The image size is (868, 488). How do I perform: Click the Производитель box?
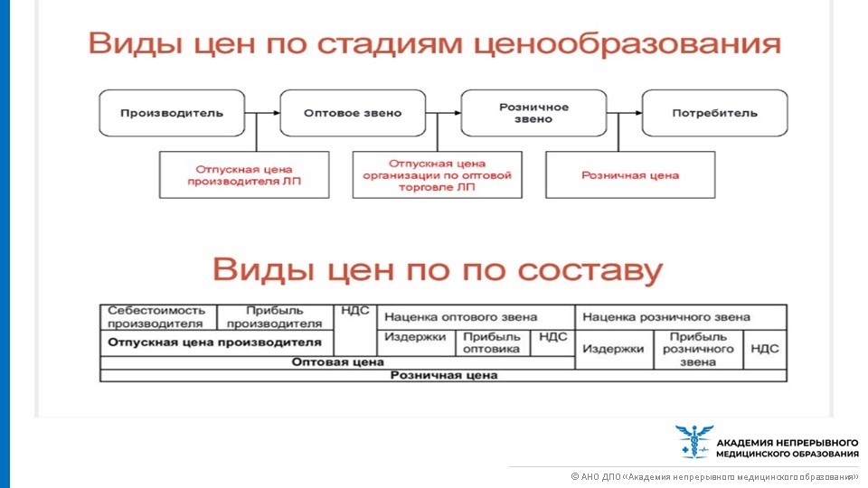(x=172, y=113)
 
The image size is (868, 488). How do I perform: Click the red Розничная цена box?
(x=630, y=174)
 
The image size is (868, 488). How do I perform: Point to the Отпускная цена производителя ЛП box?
(x=244, y=174)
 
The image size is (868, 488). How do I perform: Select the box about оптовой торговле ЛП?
(x=438, y=174)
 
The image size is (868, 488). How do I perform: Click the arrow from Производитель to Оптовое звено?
(x=262, y=113)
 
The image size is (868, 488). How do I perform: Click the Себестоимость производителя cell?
(x=158, y=317)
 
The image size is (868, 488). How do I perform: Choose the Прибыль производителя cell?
(x=275, y=317)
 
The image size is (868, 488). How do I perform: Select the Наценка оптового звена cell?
(x=476, y=317)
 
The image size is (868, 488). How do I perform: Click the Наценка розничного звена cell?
(x=680, y=317)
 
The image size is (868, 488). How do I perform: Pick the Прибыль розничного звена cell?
(x=698, y=349)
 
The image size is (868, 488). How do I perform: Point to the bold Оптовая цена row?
(x=337, y=362)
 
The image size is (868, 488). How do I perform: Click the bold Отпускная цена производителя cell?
(x=215, y=343)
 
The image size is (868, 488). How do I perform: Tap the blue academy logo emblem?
(x=693, y=441)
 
